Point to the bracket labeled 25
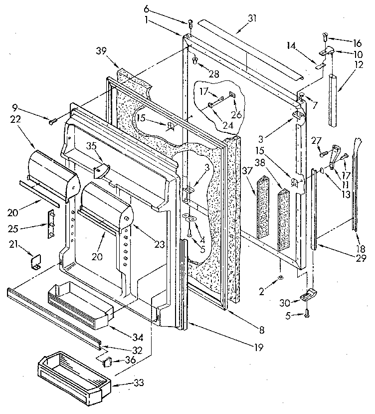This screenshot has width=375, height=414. click(x=50, y=225)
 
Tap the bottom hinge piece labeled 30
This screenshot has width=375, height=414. click(x=306, y=296)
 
